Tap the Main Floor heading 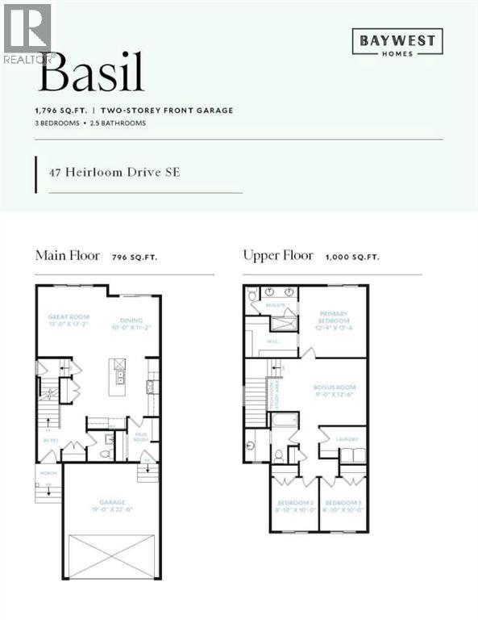[68, 256]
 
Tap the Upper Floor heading [278, 256]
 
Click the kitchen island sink [118, 377]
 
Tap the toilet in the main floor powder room [105, 450]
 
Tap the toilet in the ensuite [252, 295]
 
